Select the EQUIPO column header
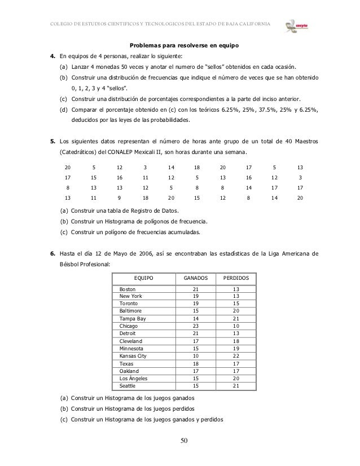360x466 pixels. pos(143,278)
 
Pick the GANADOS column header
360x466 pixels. pos(196,278)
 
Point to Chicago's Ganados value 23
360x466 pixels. pos(196,326)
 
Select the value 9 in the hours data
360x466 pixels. pos(118,198)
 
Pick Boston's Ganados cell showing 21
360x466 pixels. pos(196,289)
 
